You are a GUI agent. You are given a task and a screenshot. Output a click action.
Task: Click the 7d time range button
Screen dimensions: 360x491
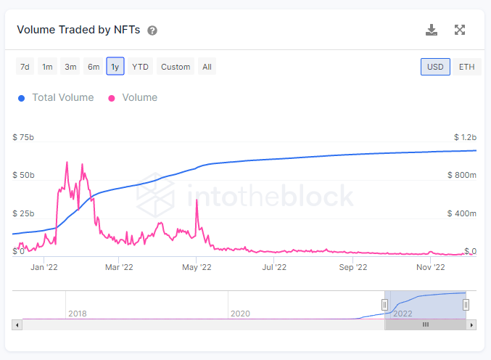tap(25, 67)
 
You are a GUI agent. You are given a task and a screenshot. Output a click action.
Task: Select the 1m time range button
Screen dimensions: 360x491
tap(47, 67)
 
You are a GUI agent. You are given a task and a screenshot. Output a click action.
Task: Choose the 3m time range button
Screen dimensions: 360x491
tap(70, 67)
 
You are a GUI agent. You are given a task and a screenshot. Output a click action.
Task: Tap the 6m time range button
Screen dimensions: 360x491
tap(94, 67)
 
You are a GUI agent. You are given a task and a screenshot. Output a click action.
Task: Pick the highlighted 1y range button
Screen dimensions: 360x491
tap(115, 67)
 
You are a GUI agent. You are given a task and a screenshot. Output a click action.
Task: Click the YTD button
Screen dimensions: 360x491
tap(140, 67)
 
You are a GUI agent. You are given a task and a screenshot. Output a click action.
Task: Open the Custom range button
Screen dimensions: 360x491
tap(176, 67)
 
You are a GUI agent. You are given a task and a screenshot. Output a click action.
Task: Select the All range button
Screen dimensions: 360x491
tap(207, 67)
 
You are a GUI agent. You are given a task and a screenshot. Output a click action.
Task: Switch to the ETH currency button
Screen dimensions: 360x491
tap(467, 67)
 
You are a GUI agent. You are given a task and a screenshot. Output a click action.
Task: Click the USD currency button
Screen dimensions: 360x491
tap(435, 67)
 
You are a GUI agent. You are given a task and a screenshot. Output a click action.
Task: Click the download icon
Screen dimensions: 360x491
tap(432, 30)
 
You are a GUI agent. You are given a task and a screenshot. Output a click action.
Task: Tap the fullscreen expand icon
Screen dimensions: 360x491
tap(460, 30)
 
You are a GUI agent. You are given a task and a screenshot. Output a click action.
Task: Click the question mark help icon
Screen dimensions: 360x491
tap(152, 30)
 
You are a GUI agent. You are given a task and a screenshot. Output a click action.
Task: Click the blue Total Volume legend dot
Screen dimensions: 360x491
tap(22, 98)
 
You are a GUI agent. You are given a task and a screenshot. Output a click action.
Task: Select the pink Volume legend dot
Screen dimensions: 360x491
tap(112, 98)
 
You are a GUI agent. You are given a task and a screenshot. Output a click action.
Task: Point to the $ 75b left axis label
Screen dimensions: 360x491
tap(23, 137)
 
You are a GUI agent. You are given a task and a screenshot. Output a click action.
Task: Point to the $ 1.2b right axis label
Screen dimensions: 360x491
tap(464, 137)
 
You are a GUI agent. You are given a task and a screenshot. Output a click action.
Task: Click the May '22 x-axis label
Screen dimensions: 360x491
tap(196, 267)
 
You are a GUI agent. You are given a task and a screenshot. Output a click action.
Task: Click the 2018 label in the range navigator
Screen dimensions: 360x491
tap(78, 314)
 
